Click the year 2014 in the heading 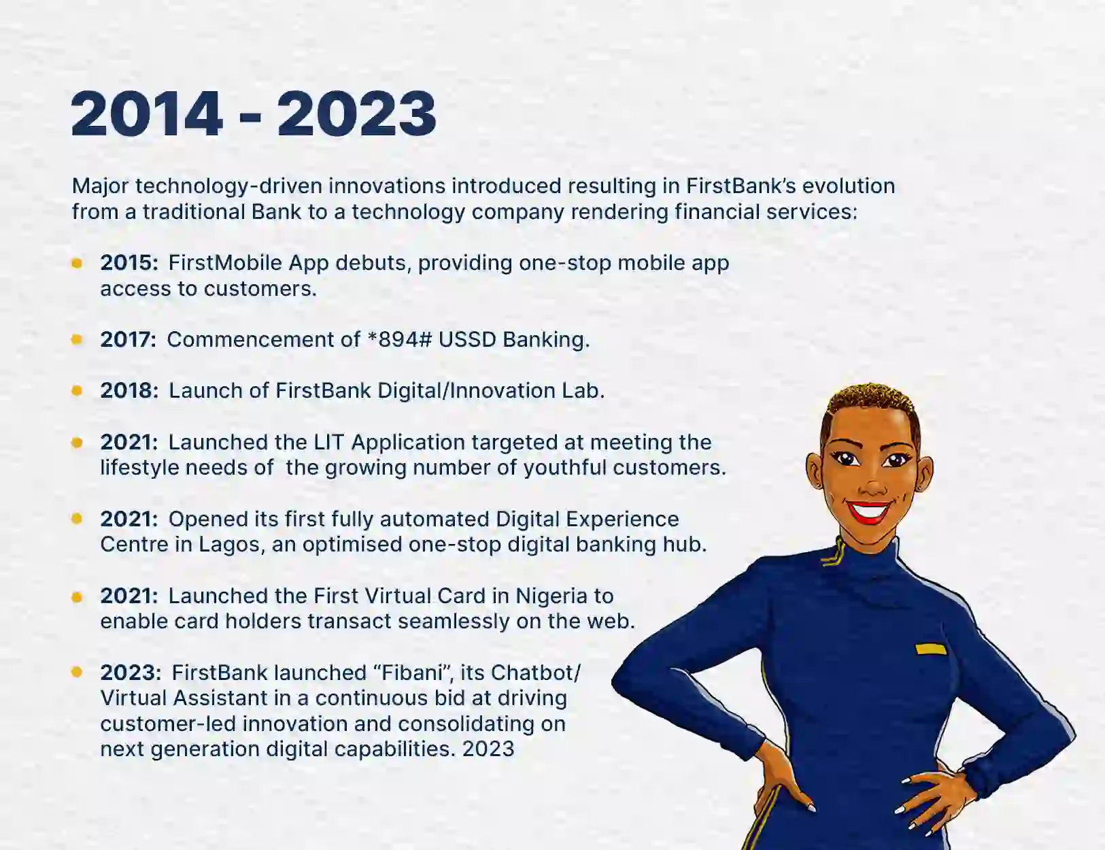(147, 114)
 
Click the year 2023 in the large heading (356, 114)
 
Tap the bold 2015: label (129, 263)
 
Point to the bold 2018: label (129, 391)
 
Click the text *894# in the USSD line (399, 340)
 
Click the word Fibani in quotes (413, 673)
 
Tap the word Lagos (231, 545)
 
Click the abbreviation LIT (328, 443)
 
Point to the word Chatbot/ (536, 673)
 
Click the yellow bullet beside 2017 (77, 339)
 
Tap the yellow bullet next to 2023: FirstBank (77, 672)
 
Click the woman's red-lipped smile (870, 511)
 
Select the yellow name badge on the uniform (930, 649)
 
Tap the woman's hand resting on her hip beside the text (782, 775)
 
